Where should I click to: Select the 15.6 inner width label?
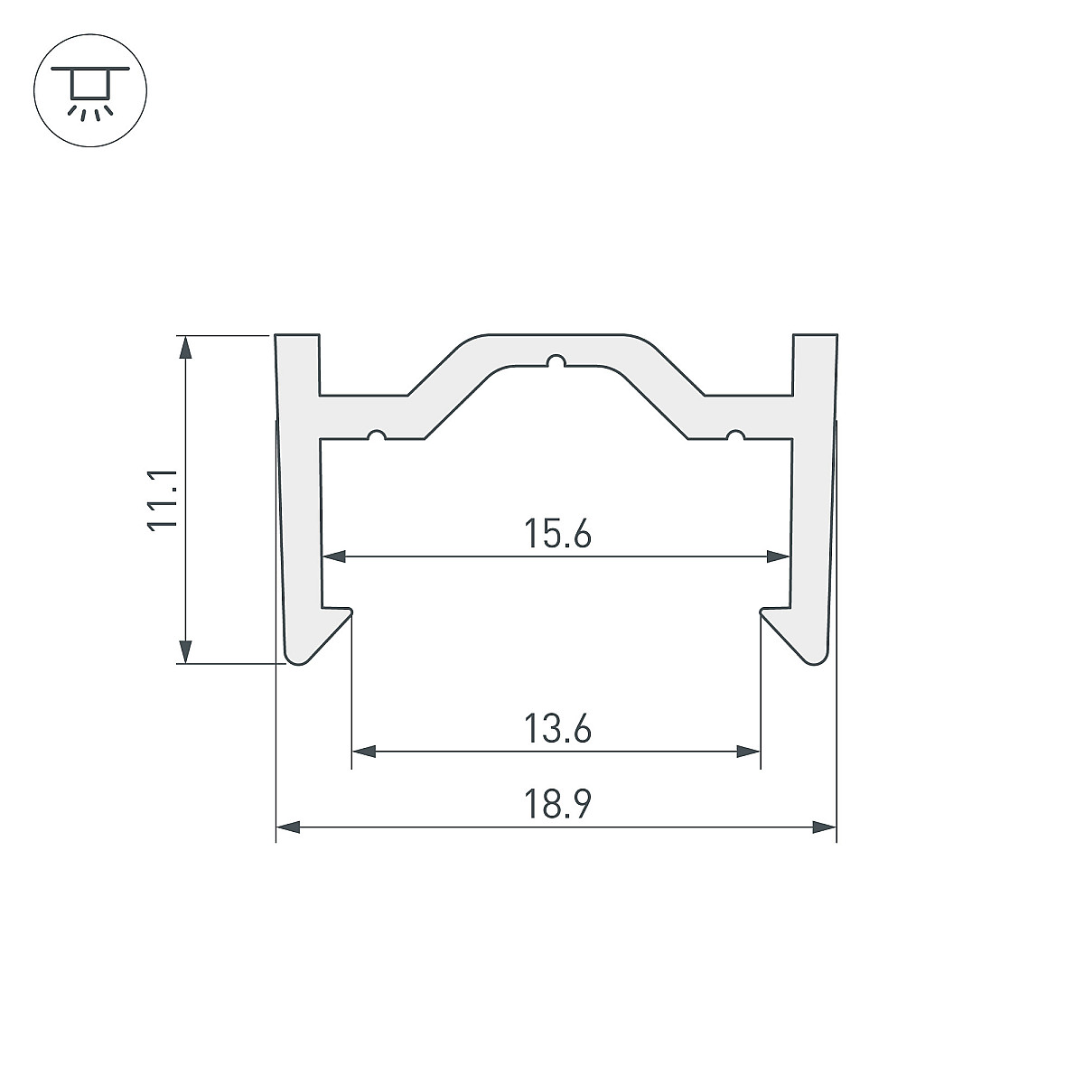click(557, 534)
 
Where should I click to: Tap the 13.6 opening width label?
click(557, 728)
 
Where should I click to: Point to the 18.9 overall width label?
click(557, 805)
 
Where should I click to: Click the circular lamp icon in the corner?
click(90, 90)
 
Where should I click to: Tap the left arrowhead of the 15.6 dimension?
click(334, 557)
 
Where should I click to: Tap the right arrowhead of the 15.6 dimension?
click(778, 557)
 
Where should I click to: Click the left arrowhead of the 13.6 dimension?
click(363, 751)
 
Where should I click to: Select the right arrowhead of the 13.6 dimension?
click(748, 751)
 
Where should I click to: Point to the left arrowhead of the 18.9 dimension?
click(288, 827)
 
